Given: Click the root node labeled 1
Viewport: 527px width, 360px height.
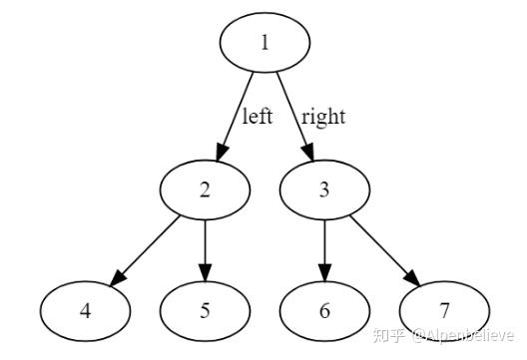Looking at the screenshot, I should [x=264, y=45].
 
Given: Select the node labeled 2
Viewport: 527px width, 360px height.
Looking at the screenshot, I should [x=205, y=189].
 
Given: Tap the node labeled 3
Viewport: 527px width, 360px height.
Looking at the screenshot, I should [x=324, y=189].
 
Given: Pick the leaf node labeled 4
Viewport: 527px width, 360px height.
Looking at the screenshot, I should [x=86, y=309].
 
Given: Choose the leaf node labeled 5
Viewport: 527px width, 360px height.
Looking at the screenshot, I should [x=205, y=309].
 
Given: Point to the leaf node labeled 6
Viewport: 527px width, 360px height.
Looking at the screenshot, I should [x=324, y=309].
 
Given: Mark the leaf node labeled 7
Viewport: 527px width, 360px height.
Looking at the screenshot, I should [x=444, y=309].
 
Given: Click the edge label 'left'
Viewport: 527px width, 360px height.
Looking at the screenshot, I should [x=257, y=117].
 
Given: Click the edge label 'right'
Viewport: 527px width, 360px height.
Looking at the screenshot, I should [x=321, y=117].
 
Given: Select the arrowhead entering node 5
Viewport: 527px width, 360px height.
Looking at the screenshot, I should [x=205, y=274].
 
